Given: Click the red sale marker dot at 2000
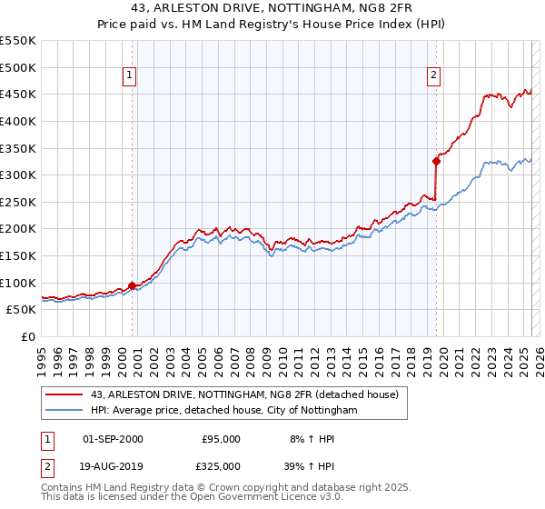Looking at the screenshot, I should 132,285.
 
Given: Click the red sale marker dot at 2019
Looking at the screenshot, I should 436,162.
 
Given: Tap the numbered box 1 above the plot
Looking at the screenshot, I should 131,75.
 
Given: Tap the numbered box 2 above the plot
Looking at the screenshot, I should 434,75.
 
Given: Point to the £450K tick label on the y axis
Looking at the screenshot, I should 18,94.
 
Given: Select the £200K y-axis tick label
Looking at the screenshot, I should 18,228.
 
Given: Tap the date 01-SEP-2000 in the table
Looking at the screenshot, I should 113,439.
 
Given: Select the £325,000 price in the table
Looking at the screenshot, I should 219,466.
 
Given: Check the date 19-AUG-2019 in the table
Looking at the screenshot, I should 113,466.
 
